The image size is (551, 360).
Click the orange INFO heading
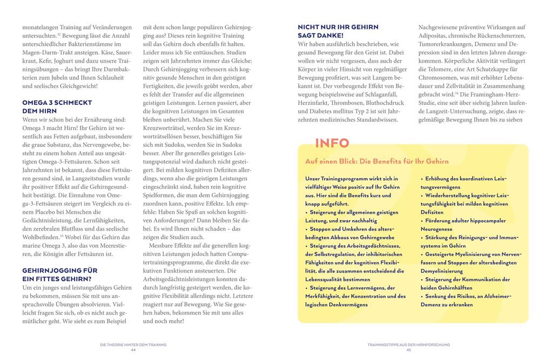tap(332, 143)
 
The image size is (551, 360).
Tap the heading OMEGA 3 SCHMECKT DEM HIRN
tap(57, 106)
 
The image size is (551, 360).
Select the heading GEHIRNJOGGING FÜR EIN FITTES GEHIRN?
tap(59, 274)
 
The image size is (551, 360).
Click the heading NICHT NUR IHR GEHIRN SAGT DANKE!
tap(338, 31)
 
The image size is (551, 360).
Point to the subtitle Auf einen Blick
tap(377, 161)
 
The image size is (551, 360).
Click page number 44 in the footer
tap(133, 349)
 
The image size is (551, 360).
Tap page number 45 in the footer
tap(408, 349)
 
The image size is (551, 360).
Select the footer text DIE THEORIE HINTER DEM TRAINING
tap(133, 344)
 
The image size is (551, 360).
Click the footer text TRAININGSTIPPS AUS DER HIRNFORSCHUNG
tap(408, 344)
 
